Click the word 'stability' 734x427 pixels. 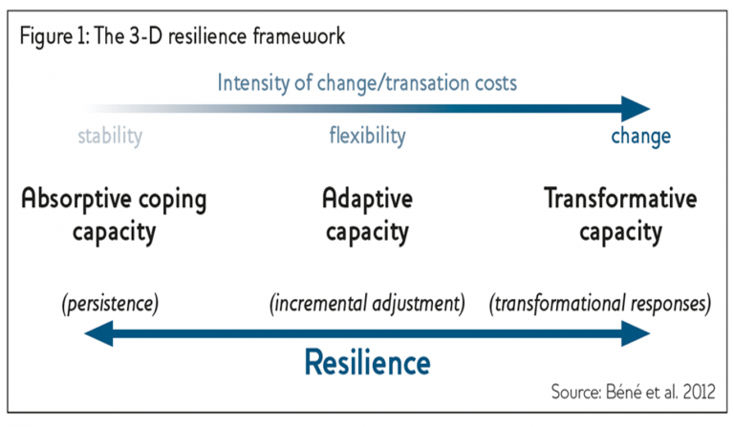tap(110, 136)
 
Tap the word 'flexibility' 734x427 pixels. tap(367, 136)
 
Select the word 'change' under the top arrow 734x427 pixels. tap(640, 136)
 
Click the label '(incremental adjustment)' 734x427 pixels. tap(367, 304)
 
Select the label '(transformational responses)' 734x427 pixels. tap(600, 304)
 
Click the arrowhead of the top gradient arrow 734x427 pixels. tap(636, 106)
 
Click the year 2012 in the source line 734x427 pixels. tap(694, 392)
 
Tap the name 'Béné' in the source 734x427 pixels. tap(623, 392)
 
